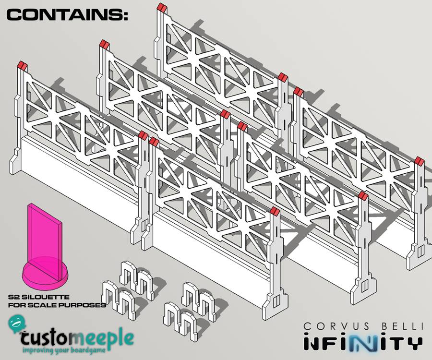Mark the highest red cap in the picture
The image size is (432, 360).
(162, 7)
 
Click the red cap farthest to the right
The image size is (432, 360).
(420, 161)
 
